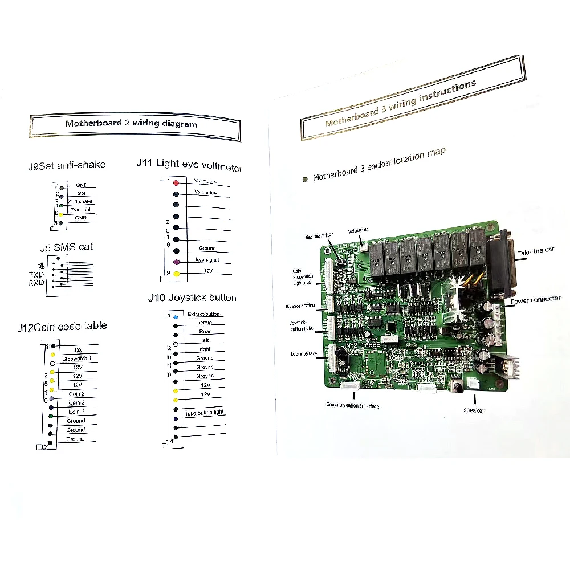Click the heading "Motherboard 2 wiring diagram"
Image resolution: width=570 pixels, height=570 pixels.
point(131,124)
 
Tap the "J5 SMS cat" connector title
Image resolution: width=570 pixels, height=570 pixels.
point(66,247)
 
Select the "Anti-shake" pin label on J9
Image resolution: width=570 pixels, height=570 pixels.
point(80,202)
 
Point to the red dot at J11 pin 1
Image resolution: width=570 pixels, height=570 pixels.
point(176,182)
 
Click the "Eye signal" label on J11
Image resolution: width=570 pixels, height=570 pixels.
point(207,260)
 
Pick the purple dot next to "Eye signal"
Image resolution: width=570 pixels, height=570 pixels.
point(176,262)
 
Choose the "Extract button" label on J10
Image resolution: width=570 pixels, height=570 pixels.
point(203,314)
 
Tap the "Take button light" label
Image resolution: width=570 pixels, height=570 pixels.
point(204,412)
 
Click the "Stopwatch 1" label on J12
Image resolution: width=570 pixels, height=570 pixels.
point(77,359)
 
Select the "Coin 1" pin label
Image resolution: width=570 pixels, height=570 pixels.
point(76,412)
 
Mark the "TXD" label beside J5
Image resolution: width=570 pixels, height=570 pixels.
point(37,274)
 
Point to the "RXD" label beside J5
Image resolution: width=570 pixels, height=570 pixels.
point(37,283)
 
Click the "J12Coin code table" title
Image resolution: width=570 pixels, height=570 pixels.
point(62,327)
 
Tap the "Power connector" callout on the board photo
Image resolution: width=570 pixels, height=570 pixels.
point(535,299)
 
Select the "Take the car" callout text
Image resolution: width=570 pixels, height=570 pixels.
point(535,251)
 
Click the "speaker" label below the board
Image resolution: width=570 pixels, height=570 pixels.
point(473,410)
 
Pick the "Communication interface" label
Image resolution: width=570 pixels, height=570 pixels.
point(352,405)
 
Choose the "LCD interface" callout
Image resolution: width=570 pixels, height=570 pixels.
point(303,354)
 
